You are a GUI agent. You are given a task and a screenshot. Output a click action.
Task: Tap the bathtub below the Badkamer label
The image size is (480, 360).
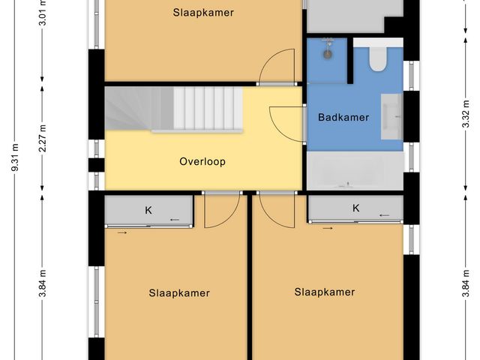point(353,172)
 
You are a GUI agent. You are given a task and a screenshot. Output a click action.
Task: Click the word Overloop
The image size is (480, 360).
point(202,161)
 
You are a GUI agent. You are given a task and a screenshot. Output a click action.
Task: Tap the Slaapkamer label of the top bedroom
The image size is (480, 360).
point(202,13)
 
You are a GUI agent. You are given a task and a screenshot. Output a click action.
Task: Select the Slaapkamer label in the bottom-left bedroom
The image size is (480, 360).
point(179,293)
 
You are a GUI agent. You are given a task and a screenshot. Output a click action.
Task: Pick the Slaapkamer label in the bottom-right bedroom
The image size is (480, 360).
point(324,292)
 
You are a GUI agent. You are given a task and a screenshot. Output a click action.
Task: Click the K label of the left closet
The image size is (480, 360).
point(148,211)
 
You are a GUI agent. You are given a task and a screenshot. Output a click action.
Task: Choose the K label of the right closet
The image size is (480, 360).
point(355,208)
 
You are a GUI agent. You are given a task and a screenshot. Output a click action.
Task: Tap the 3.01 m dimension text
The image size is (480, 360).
point(43,14)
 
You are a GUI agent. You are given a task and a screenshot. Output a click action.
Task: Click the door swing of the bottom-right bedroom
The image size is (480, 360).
point(271,208)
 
